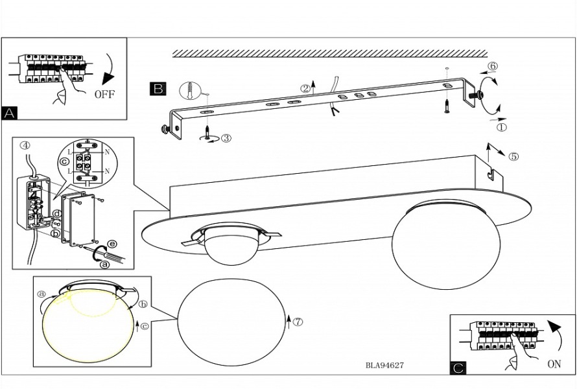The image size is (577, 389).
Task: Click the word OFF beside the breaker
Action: point(104,95)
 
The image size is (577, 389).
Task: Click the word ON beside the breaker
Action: point(554,364)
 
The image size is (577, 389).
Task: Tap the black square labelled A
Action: point(10,113)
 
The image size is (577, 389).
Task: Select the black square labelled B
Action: point(158,89)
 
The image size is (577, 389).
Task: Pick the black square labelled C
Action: point(458,368)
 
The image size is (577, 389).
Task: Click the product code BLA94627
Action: point(384,366)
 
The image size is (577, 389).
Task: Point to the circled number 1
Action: point(502,127)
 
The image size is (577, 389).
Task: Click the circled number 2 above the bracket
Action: point(305,89)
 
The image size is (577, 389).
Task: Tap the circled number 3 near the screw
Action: point(226,138)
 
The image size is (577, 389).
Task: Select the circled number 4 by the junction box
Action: point(25,145)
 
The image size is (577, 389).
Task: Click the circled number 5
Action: point(514,156)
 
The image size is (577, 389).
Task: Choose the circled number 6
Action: point(493,66)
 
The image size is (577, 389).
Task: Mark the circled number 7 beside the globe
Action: point(298,322)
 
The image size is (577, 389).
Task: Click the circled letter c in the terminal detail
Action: point(64,161)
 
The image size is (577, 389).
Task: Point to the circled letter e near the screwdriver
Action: point(112,243)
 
